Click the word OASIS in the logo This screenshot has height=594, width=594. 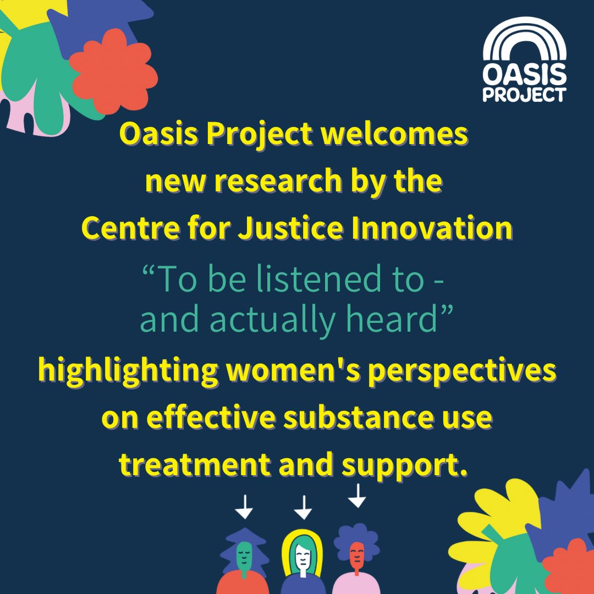524,73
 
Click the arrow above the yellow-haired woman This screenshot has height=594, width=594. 302,507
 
